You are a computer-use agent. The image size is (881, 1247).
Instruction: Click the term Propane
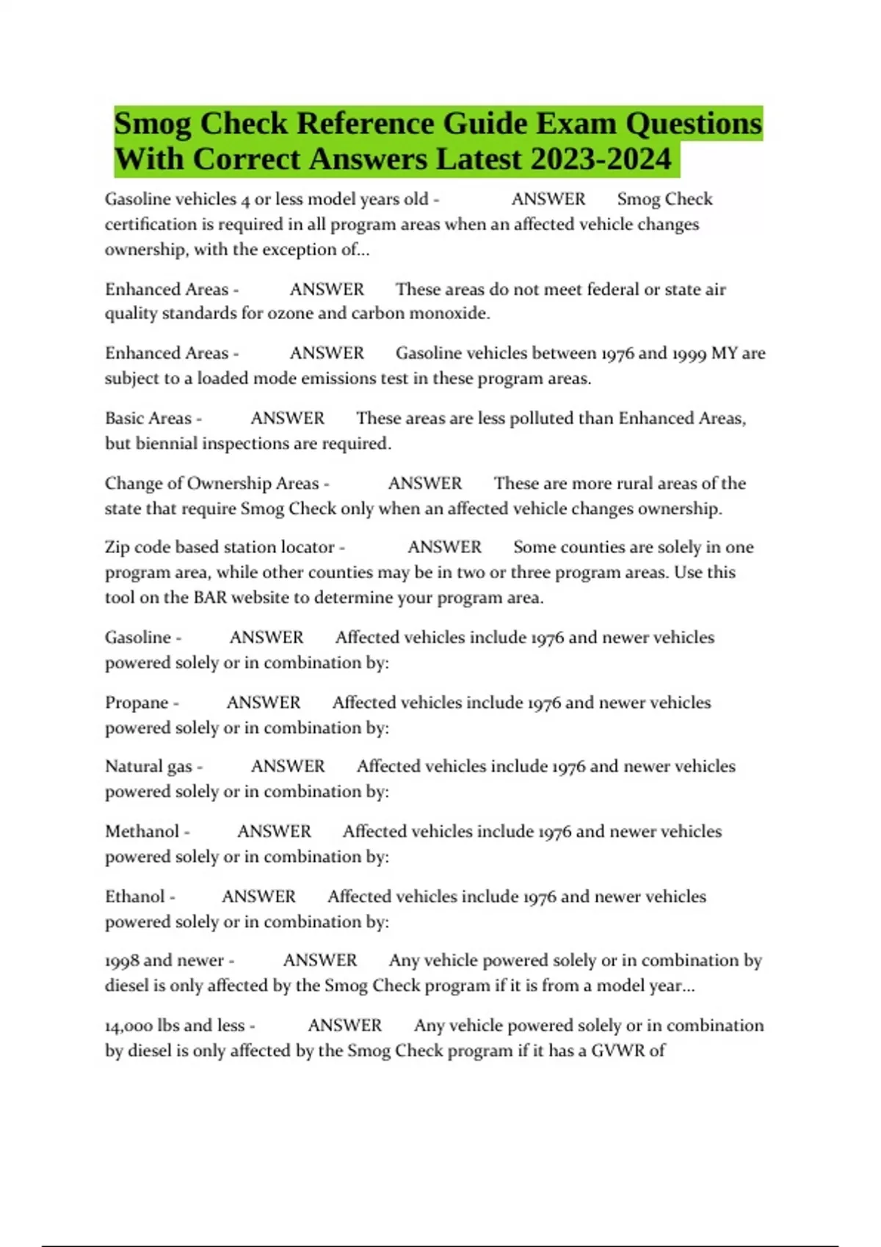point(137,703)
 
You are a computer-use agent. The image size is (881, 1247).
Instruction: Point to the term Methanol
point(142,832)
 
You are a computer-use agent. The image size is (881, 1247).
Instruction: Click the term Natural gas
point(148,767)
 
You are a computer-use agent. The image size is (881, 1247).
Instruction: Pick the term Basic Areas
point(148,418)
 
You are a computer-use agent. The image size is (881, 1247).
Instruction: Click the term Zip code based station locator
point(220,547)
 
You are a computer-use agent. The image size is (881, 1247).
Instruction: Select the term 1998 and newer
point(164,961)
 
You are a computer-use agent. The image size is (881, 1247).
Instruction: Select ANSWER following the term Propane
point(264,703)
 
